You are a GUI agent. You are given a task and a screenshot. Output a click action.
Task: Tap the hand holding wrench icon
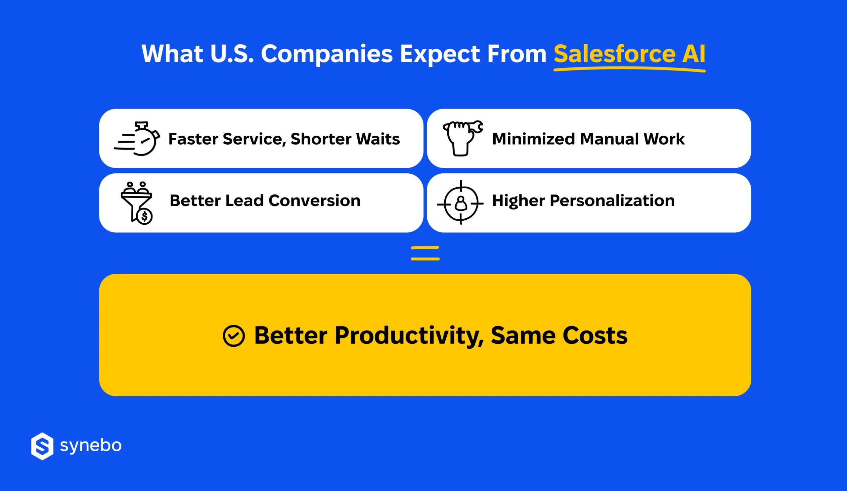pos(463,138)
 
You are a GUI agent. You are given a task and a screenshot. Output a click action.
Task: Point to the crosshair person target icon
pos(461,202)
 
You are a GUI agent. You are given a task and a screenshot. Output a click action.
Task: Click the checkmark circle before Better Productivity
pos(234,335)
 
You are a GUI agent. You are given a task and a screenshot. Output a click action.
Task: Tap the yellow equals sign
pos(425,253)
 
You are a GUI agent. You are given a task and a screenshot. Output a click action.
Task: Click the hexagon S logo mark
pos(42,446)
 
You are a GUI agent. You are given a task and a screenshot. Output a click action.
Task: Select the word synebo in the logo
pos(91,445)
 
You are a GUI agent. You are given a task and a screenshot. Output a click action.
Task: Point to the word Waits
pos(378,139)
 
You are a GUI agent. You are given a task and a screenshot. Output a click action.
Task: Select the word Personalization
pos(612,201)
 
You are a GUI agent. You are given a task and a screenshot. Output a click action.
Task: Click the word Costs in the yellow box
pos(595,335)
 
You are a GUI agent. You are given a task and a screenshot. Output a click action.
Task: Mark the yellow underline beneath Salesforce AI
pos(629,69)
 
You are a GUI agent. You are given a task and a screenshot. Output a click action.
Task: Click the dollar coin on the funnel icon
pos(145,217)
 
